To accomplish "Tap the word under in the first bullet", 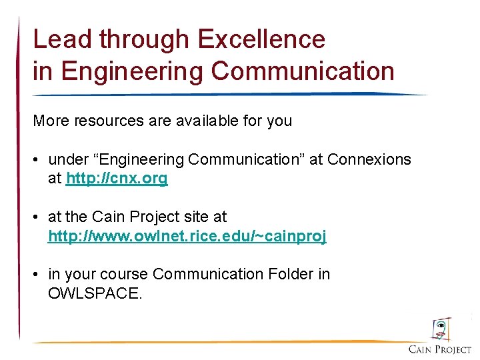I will (x=68, y=160).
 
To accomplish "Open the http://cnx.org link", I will (x=117, y=179).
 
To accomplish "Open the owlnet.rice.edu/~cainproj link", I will (x=187, y=236).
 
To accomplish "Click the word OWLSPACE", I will (x=95, y=293).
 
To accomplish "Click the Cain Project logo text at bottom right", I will (x=439, y=349).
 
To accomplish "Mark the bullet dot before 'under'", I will (x=39, y=160).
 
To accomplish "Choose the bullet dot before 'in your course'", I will (x=39, y=275).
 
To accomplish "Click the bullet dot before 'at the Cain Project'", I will (x=39, y=217).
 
